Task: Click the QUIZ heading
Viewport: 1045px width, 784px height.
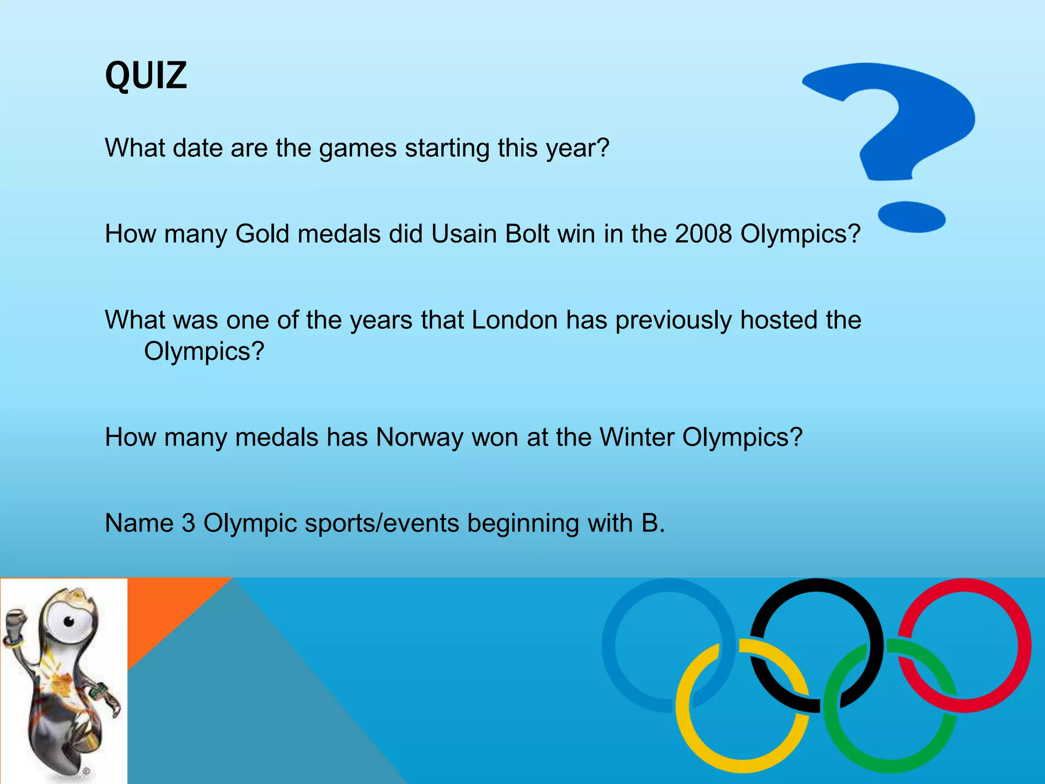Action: [x=146, y=76]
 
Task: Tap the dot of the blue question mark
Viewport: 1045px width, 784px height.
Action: [x=912, y=216]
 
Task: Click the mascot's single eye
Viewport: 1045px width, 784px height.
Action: [x=68, y=621]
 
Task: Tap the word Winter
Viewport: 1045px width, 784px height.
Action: [x=636, y=437]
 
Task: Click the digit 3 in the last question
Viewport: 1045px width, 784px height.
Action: [x=188, y=523]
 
